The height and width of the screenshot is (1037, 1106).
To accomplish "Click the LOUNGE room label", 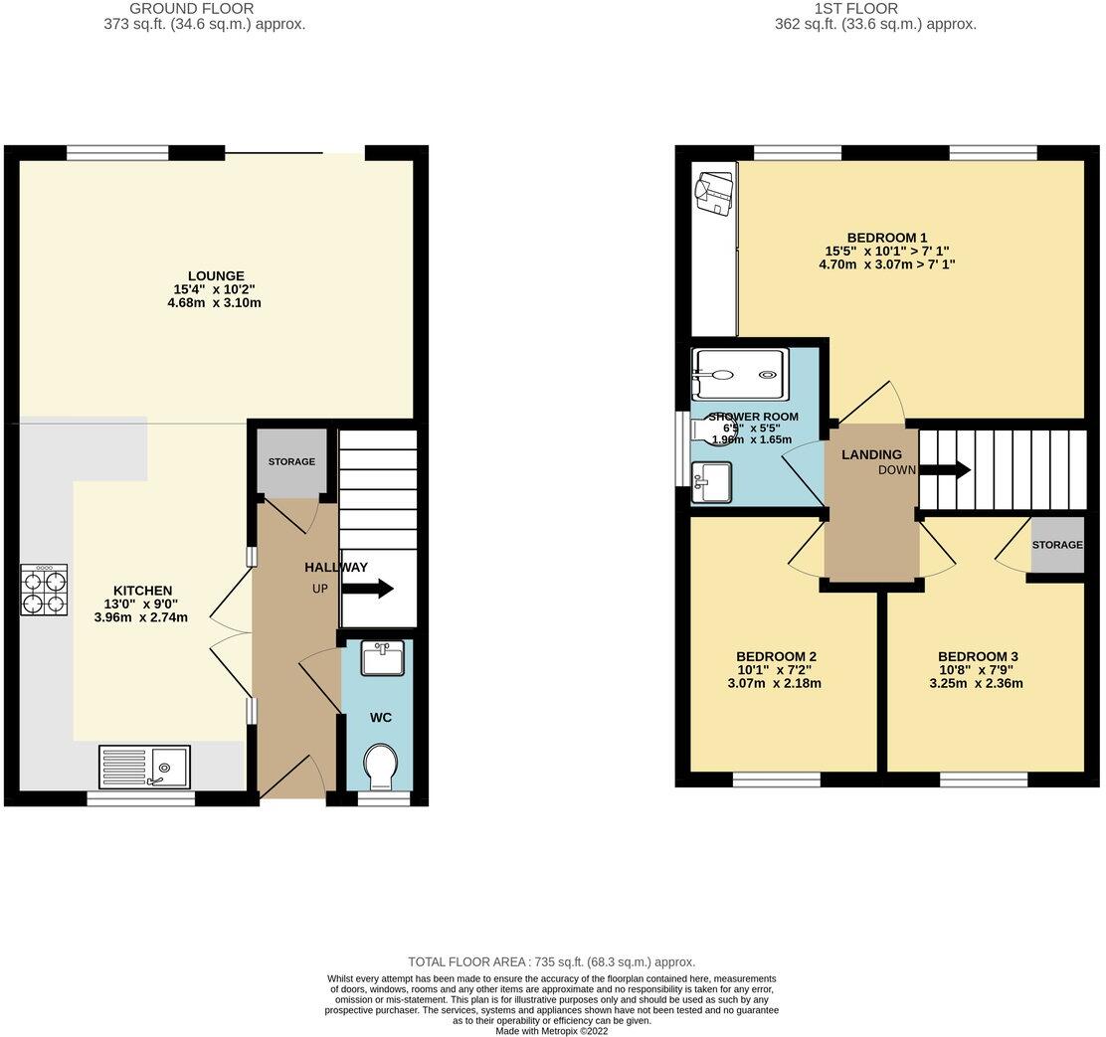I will point(216,275).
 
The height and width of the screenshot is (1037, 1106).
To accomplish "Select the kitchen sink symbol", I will point(145,767).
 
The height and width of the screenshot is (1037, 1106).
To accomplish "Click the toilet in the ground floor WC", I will point(380,766).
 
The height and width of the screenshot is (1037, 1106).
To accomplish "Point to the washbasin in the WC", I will point(380,658).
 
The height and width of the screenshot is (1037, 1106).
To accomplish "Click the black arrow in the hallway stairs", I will point(367,589).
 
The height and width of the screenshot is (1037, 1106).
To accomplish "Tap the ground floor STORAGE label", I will point(292,461).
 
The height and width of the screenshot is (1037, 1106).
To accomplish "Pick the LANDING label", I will point(871,454).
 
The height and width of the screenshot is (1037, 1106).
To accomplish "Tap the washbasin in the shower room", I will point(712,483).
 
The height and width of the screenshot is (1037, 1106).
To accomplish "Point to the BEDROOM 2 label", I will point(776,656).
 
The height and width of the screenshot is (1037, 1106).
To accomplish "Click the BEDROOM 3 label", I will point(978,656).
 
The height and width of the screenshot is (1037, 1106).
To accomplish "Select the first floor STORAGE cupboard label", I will point(1056,545).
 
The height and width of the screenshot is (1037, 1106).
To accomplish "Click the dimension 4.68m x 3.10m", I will point(216,302).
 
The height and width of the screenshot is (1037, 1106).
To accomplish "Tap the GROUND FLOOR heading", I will point(204,9).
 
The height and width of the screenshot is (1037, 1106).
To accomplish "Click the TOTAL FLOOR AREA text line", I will point(551,961).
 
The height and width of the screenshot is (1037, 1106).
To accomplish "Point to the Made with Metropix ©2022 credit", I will point(551,1031).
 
